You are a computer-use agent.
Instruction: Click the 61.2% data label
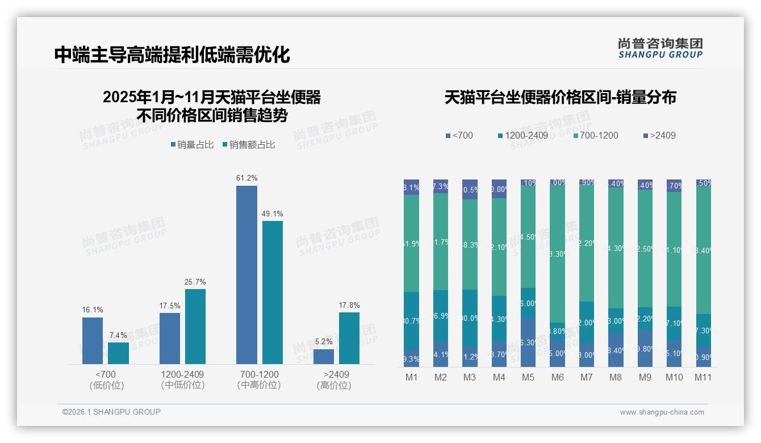tap(246, 178)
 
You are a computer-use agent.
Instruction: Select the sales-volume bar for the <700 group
tap(93, 341)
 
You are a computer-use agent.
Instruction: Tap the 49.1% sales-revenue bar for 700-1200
tap(273, 292)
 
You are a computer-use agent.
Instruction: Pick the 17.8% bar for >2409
tap(349, 338)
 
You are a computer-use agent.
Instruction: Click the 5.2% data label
tap(323, 342)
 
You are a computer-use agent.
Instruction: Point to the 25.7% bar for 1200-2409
tap(195, 327)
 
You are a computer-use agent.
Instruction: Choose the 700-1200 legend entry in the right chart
tap(595, 135)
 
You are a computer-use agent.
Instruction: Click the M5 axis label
tap(529, 378)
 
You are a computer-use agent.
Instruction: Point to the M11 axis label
tap(703, 378)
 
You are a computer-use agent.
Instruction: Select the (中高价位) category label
tap(259, 385)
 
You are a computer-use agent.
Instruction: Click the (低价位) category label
tap(107, 385)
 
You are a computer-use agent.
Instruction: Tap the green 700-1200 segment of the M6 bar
tap(558, 254)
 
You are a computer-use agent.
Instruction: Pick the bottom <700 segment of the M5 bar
tap(529, 342)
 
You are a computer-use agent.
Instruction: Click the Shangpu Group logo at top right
tap(660, 48)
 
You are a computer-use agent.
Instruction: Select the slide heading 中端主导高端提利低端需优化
tap(172, 55)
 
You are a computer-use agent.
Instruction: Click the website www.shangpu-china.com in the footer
tap(662, 412)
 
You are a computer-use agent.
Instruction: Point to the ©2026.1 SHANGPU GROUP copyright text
tap(111, 412)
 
